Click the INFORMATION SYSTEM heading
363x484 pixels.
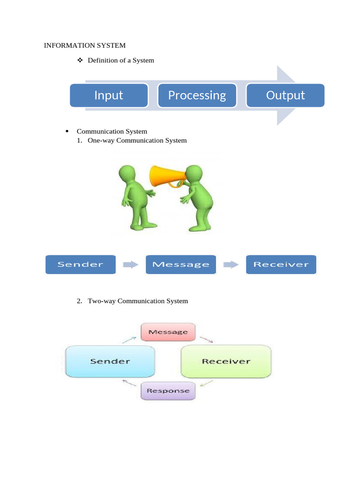[85, 45]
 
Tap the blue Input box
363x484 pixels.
[109, 95]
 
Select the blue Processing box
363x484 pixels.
[197, 95]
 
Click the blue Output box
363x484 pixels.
[285, 95]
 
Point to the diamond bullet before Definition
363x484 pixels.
[79, 60]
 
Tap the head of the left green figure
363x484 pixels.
[128, 174]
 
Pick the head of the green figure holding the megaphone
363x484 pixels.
[194, 175]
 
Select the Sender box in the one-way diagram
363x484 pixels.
[80, 264]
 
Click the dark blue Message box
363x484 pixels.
[181, 264]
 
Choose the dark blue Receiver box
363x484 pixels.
[281, 264]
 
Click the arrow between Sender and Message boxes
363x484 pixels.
[130, 265]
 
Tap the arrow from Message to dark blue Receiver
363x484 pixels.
[231, 265]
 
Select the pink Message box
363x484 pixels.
[168, 332]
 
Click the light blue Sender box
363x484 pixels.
[110, 361]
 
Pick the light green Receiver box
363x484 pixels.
[226, 361]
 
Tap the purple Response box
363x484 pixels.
[168, 391]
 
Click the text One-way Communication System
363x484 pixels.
[137, 140]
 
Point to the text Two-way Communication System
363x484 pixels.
[138, 301]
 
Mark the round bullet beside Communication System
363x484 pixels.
[67, 131]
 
